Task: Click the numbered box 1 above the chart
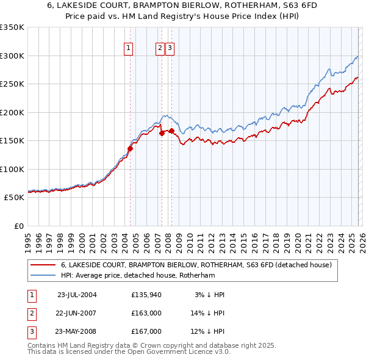tap(129, 49)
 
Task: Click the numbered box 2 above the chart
tap(160, 49)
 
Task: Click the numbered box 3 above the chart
tap(170, 49)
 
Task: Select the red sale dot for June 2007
tap(162, 133)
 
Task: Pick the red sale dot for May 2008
tap(171, 131)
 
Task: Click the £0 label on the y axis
tap(18, 226)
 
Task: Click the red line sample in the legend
tap(43, 265)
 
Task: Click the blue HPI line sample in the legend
tap(43, 275)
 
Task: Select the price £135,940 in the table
tap(146, 295)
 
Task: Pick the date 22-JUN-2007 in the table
tap(77, 313)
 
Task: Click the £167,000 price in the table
tap(146, 331)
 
